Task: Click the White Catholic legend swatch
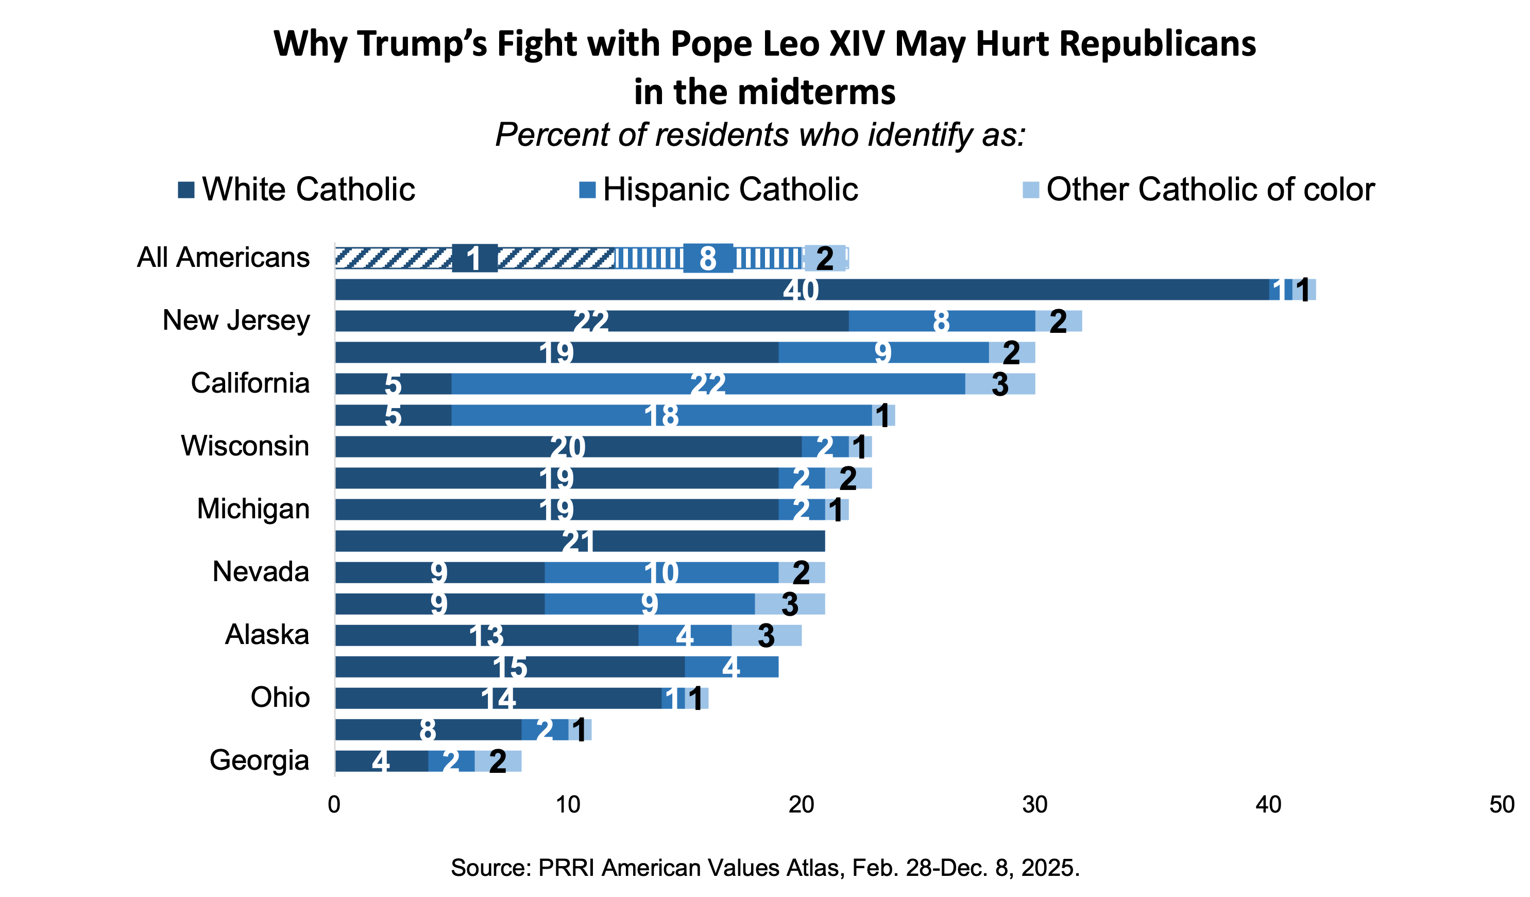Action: point(186,190)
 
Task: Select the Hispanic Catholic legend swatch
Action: point(587,190)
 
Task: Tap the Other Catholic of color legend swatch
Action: point(1030,190)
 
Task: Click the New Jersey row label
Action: point(236,320)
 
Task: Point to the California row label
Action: point(250,383)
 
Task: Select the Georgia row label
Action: point(259,760)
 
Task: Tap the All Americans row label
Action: point(223,258)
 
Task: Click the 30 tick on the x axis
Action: point(1034,805)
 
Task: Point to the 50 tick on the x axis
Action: point(1502,805)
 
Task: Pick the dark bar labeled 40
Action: point(802,290)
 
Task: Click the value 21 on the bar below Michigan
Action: point(577,541)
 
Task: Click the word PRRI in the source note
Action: point(566,867)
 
